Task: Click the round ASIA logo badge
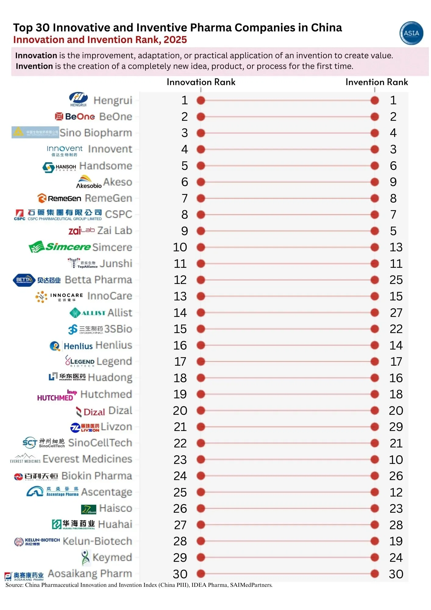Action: point(411,33)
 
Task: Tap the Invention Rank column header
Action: point(376,82)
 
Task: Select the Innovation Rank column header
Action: point(201,82)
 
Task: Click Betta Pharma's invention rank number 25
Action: point(396,280)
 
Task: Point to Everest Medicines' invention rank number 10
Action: point(396,460)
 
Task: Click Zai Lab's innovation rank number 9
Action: point(184,231)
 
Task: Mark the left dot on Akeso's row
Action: point(201,182)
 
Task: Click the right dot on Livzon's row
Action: point(375,427)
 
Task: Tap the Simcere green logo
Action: point(60,247)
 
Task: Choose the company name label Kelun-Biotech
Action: point(97,541)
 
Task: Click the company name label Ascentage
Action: point(106,492)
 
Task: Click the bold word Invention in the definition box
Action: point(34,66)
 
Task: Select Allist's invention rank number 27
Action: point(396,313)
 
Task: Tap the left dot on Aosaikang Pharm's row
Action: point(201,574)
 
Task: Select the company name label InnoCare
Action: point(109,296)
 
